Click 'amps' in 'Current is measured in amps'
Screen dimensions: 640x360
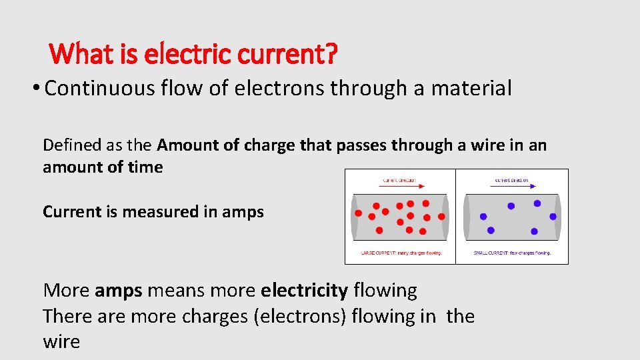[x=246, y=212]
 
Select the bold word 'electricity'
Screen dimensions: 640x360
[x=305, y=291]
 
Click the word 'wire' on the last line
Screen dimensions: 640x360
[x=61, y=342]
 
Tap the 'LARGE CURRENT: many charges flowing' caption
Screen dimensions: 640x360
[x=400, y=253]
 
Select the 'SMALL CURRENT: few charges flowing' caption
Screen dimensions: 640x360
[x=512, y=253]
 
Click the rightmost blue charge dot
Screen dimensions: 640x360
[x=553, y=216]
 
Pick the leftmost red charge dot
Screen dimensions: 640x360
[x=358, y=213]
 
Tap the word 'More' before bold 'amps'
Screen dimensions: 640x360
[x=66, y=291]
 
